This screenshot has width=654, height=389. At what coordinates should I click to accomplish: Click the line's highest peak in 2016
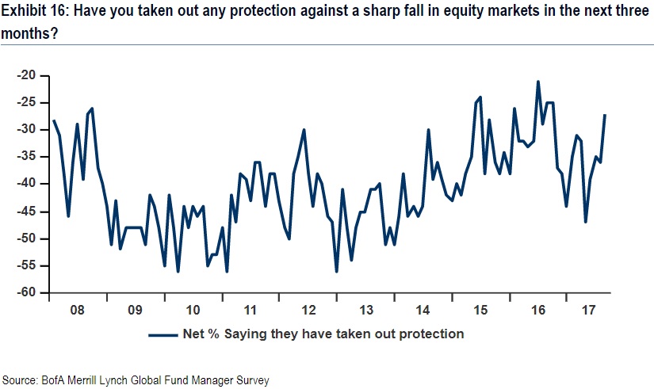[x=538, y=82]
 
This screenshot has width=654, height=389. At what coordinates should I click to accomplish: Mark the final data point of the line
[x=606, y=116]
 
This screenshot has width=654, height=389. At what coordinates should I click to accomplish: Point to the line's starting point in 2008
[x=54, y=121]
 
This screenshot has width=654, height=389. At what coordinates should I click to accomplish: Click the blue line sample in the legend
[x=163, y=334]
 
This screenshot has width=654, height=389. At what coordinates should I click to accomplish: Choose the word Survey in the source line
[x=252, y=380]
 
